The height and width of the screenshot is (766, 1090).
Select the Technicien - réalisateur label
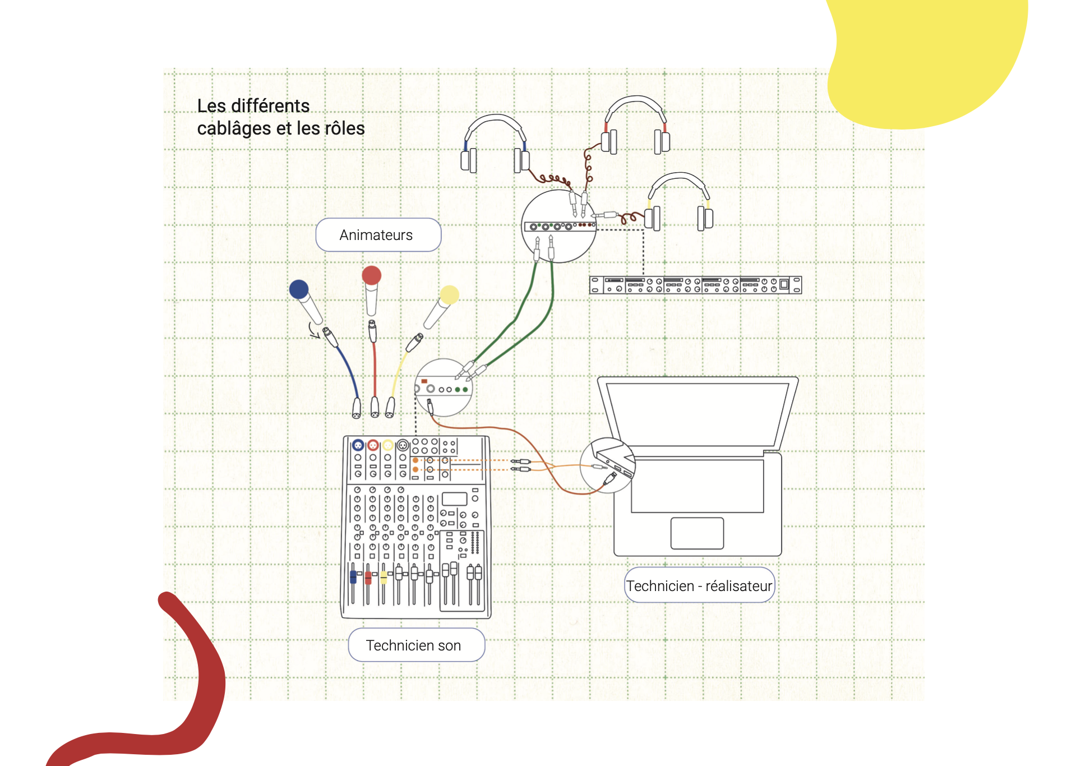(699, 585)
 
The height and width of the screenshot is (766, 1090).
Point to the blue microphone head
(299, 289)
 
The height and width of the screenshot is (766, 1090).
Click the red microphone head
(371, 275)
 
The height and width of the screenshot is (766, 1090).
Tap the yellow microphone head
(449, 294)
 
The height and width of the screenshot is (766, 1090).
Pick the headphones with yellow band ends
(679, 202)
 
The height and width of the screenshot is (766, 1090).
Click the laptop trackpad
(697, 533)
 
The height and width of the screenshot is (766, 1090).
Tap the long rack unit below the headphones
(695, 285)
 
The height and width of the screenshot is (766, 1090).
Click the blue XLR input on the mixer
(358, 446)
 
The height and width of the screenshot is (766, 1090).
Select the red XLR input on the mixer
(373, 446)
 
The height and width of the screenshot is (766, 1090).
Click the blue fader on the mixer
(353, 577)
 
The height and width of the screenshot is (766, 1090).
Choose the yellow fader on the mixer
(384, 577)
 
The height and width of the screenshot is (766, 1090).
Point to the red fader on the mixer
(368, 578)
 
